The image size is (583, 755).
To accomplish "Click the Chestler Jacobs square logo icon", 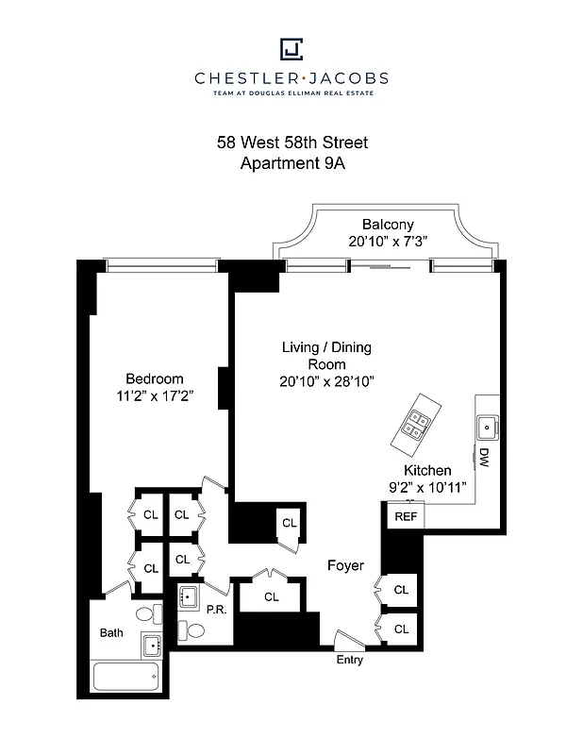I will coord(291,48).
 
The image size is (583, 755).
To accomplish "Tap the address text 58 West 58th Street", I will coord(291,143).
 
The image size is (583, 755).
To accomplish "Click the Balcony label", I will coord(388,225).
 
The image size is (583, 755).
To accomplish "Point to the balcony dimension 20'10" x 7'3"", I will coord(388,241).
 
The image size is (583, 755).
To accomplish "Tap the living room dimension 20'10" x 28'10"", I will coord(326,381).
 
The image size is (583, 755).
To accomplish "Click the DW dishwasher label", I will coord(484,459).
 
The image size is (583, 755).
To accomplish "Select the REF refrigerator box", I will coord(406,516).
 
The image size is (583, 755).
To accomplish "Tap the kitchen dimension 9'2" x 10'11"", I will coord(428,488).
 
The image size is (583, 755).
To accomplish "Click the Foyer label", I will coord(345,565).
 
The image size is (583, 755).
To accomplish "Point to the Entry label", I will coord(350,660).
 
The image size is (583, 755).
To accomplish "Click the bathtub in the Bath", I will coord(126,677).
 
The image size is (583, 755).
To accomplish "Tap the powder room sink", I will coord(190,596).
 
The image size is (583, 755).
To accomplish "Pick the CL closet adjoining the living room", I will coord(289,523).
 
